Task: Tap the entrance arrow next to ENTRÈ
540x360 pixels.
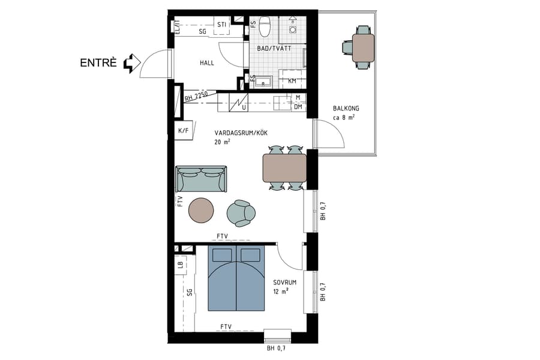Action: (131, 62)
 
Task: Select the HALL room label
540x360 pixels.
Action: (208, 63)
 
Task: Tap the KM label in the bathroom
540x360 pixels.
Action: (292, 81)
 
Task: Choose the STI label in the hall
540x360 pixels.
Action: (221, 25)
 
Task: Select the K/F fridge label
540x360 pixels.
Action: (182, 131)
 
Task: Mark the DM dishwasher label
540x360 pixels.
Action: (298, 107)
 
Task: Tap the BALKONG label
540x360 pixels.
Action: (346, 109)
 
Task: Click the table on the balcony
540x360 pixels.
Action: (362, 48)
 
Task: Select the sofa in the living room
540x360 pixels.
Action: (202, 179)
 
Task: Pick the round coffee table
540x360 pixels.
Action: (201, 211)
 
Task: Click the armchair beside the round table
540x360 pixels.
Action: (241, 212)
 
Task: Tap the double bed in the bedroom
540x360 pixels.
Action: (236, 278)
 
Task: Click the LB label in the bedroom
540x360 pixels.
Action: (179, 264)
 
